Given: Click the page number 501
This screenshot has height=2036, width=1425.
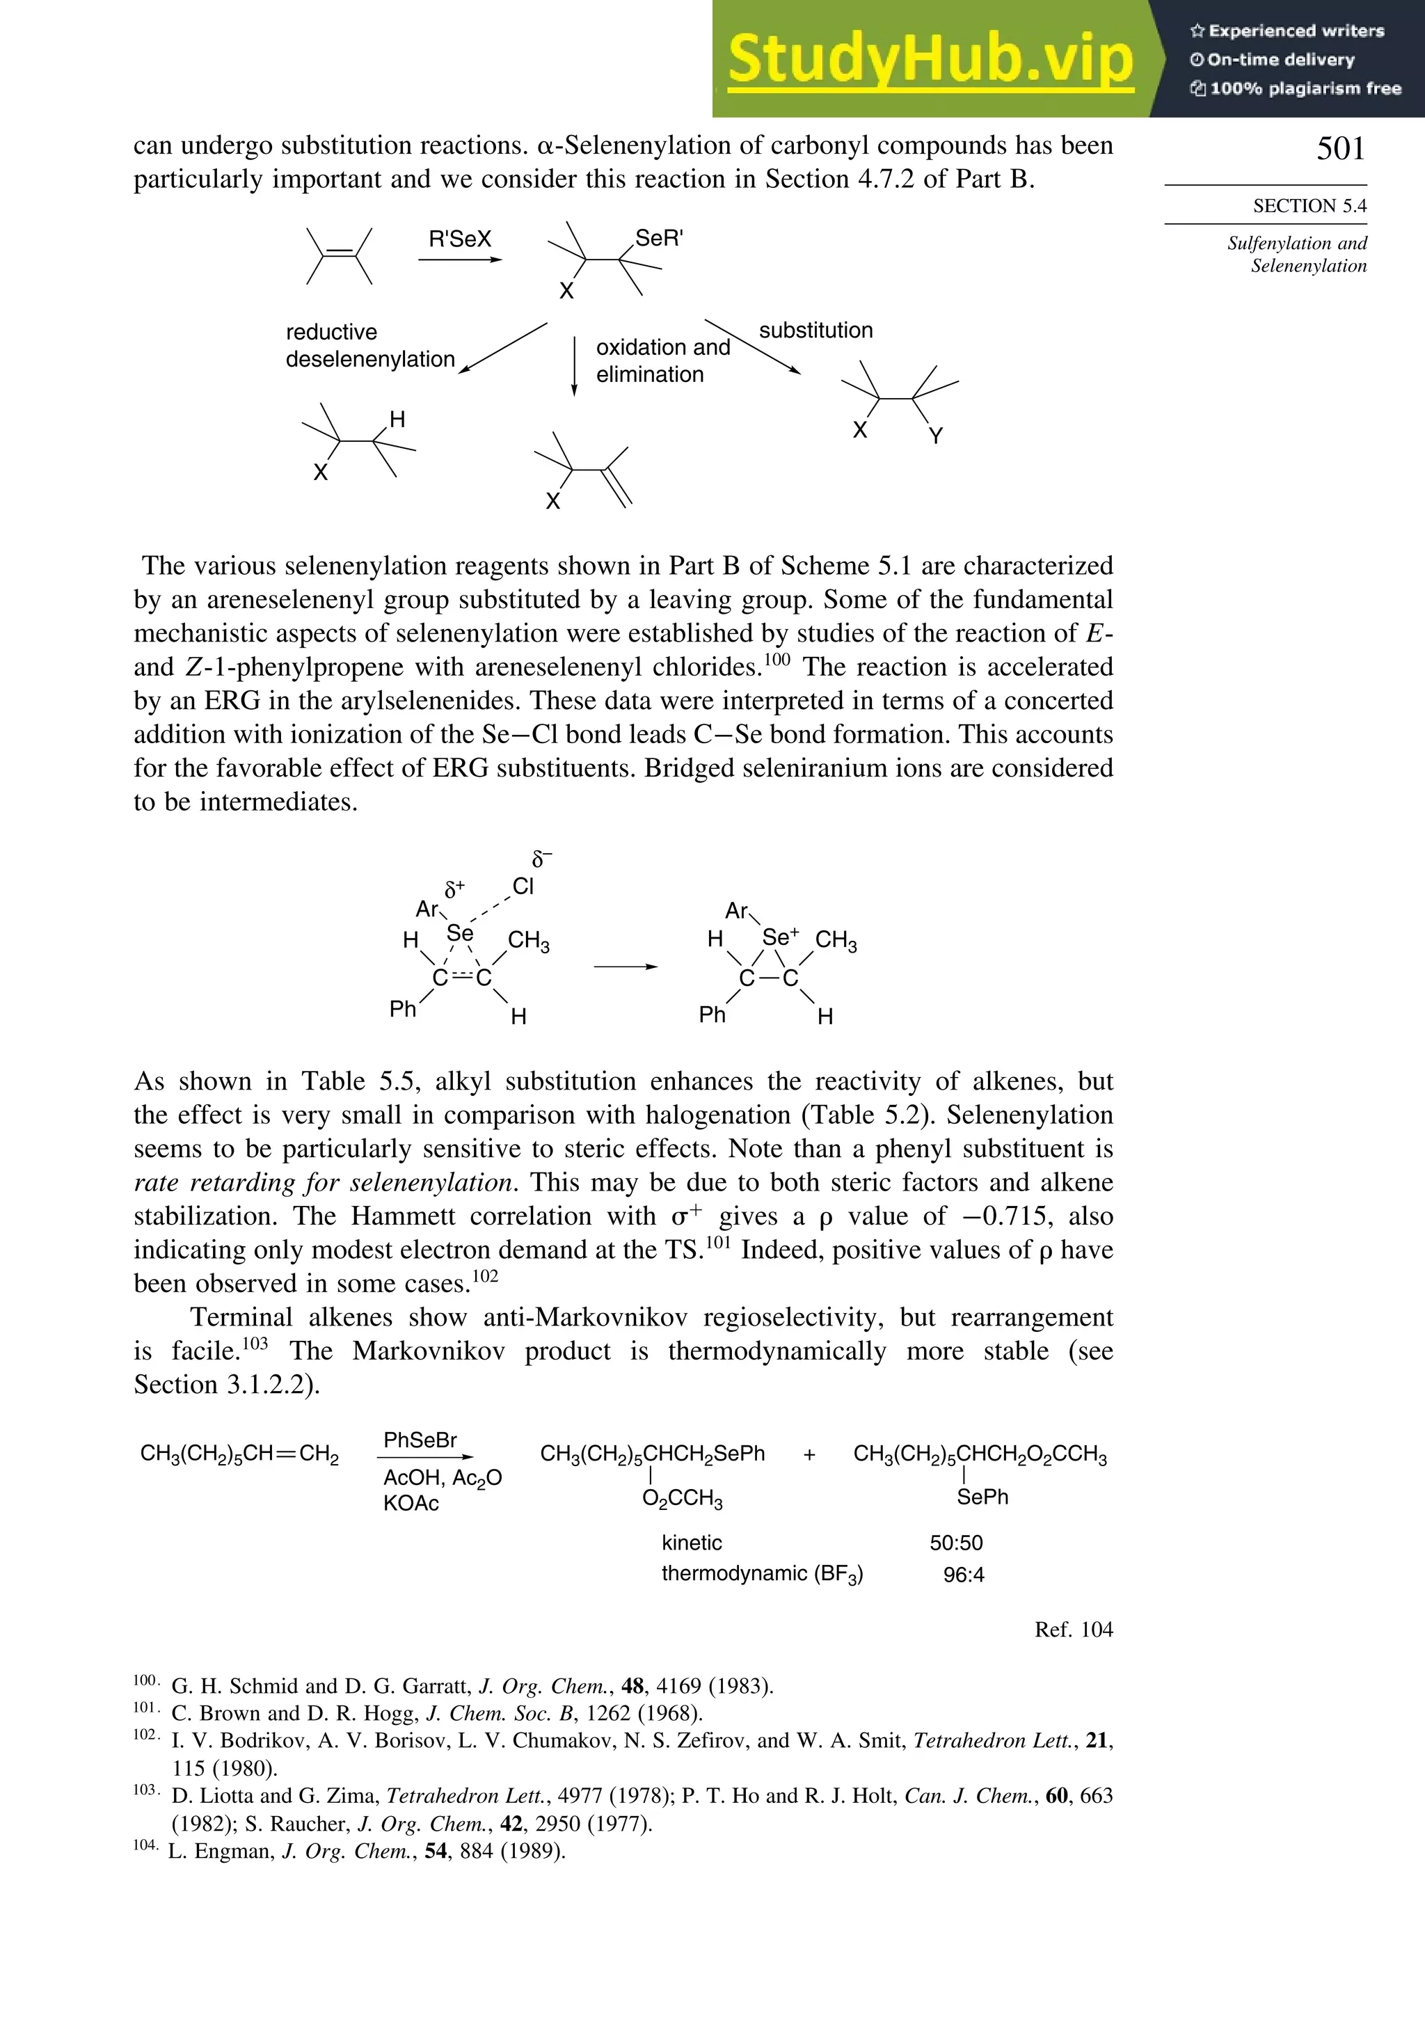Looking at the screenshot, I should tap(1340, 148).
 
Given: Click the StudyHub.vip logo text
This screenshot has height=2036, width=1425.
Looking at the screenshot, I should tap(930, 59).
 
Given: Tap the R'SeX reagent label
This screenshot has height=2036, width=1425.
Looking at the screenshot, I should tap(459, 239).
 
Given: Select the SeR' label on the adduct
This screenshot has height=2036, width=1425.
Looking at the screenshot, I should tap(659, 238).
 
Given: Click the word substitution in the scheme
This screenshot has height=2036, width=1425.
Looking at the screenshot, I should tap(815, 331).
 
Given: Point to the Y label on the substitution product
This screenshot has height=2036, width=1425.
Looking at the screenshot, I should tap(936, 436).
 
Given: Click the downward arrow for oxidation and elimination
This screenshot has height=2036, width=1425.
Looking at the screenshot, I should tap(575, 365).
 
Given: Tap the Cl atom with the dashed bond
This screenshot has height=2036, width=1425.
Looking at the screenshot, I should tap(523, 886).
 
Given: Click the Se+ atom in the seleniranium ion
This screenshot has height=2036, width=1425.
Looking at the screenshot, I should tap(779, 937).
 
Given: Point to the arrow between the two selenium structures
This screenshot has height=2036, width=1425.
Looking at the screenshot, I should tap(625, 967).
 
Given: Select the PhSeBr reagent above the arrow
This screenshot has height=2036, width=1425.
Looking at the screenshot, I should tap(420, 1440).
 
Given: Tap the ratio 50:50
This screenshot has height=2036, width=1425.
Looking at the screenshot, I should tap(955, 1543).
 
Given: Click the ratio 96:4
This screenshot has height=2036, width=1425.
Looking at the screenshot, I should tap(963, 1575).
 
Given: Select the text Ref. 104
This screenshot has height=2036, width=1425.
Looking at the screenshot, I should tap(1073, 1629).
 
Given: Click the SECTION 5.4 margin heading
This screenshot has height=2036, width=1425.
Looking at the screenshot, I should tap(1309, 206).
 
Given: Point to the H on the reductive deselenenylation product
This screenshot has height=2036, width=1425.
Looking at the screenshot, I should tap(397, 420).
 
